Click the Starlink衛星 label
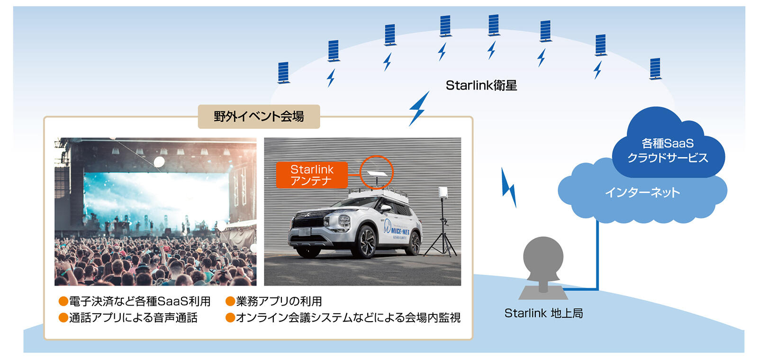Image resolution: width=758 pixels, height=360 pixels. coord(481,86)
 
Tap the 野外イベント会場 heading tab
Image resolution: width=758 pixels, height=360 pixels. coord(259,117)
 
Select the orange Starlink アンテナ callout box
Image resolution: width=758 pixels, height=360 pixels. coord(312,175)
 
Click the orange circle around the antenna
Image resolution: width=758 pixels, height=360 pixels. coord(377,172)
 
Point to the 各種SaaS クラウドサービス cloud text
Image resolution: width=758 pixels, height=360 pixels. coord(668,150)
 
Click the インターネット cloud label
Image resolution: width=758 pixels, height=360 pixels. coord(642,192)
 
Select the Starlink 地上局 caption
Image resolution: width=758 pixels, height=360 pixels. coord(543,313)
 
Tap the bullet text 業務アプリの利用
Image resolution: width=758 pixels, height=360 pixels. coord(279,301)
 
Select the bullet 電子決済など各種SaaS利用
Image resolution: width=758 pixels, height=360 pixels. coord(139,301)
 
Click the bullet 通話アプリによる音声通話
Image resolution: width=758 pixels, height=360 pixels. coord(133,317)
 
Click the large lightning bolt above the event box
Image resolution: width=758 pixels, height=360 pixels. coord(419,108)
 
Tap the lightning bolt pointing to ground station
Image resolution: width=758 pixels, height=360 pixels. coord(509,188)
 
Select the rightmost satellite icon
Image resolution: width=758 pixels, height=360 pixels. coord(655,69)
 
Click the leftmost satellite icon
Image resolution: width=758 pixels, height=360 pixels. coord(283,72)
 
